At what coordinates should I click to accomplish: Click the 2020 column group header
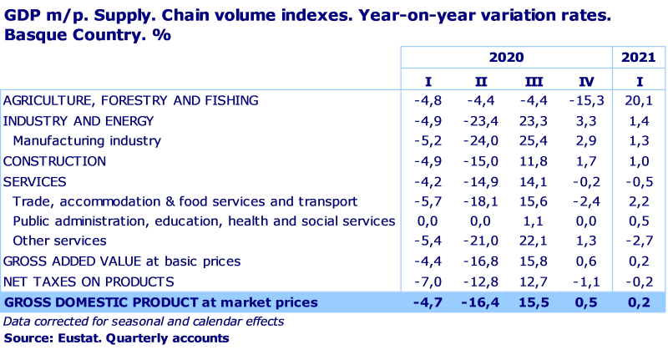[x=506, y=58]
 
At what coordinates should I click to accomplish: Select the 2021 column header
[x=639, y=58]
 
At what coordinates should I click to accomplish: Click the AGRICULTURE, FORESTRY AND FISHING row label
[x=131, y=100]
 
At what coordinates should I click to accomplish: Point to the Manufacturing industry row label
[x=87, y=141]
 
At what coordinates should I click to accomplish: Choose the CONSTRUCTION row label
[x=55, y=161]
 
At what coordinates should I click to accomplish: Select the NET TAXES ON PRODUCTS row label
[x=89, y=281]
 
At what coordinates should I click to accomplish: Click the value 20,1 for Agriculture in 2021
[x=639, y=100]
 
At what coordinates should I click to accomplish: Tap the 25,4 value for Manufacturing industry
[x=534, y=141]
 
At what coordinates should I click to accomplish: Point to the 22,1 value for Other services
[x=534, y=241]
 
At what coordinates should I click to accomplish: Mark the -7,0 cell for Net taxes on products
[x=428, y=281]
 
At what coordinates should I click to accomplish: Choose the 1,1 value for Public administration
[x=534, y=221]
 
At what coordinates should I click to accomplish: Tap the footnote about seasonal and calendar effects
[x=144, y=321]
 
